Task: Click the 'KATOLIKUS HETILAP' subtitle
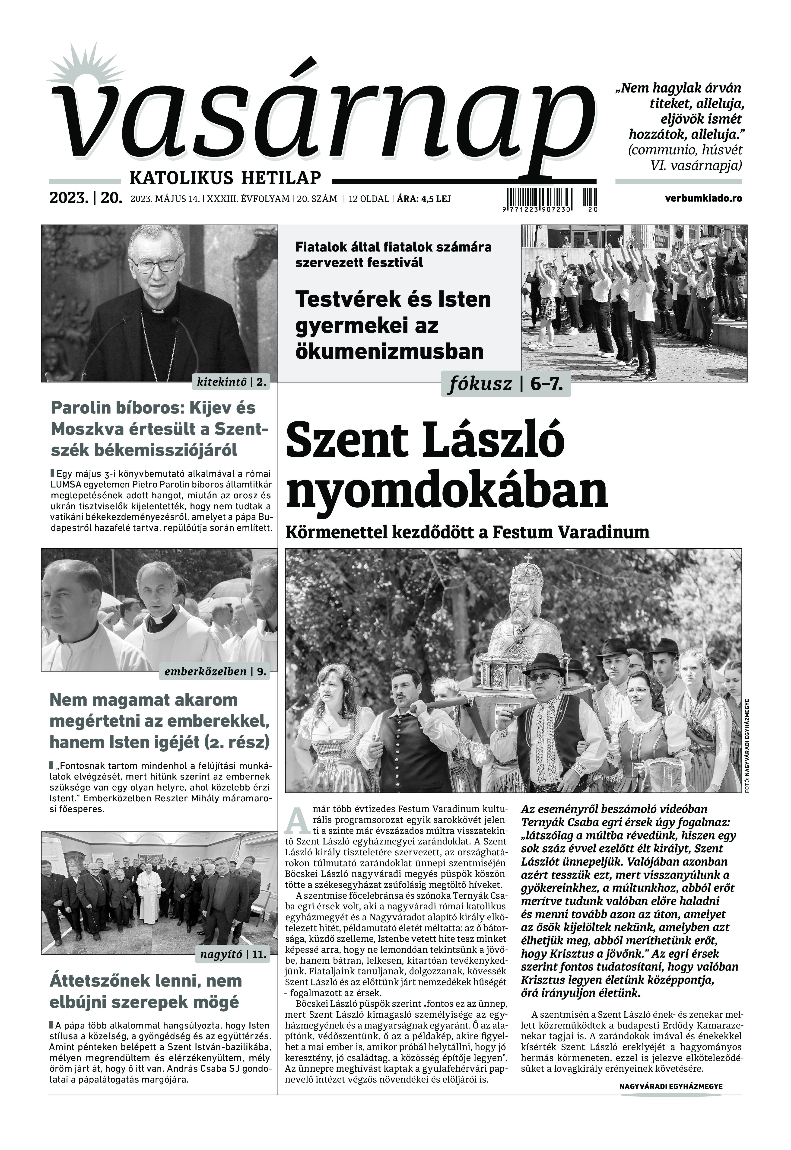tap(225, 177)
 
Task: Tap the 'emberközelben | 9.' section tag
tap(214, 672)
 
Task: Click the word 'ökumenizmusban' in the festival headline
tap(389, 351)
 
